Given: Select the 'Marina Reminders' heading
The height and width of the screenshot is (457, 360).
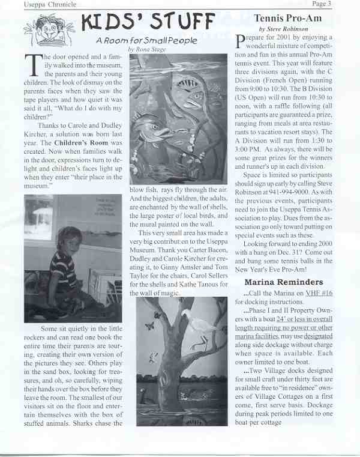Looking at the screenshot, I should tap(284, 282).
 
